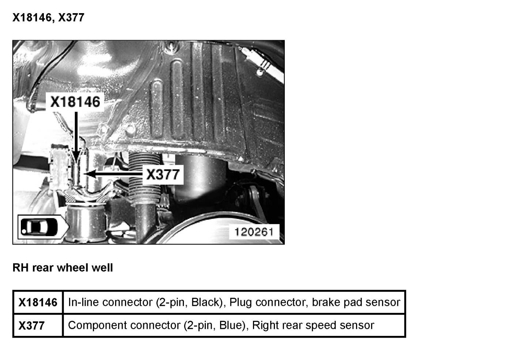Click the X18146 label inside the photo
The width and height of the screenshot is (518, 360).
pyautogui.click(x=75, y=102)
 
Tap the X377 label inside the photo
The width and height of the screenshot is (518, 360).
pyautogui.click(x=163, y=174)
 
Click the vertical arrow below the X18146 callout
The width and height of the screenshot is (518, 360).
pyautogui.click(x=76, y=135)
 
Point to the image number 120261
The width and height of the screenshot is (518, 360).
pyautogui.click(x=254, y=232)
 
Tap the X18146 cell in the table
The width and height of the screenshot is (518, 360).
pyautogui.click(x=38, y=303)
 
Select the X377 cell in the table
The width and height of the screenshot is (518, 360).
pyautogui.click(x=31, y=325)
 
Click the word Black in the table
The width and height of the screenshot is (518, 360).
pyautogui.click(x=205, y=302)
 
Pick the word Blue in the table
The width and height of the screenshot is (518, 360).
pyautogui.click(x=231, y=325)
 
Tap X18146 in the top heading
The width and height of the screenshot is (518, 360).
pyautogui.click(x=32, y=18)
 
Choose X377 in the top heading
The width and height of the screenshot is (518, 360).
pyautogui.click(x=71, y=18)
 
